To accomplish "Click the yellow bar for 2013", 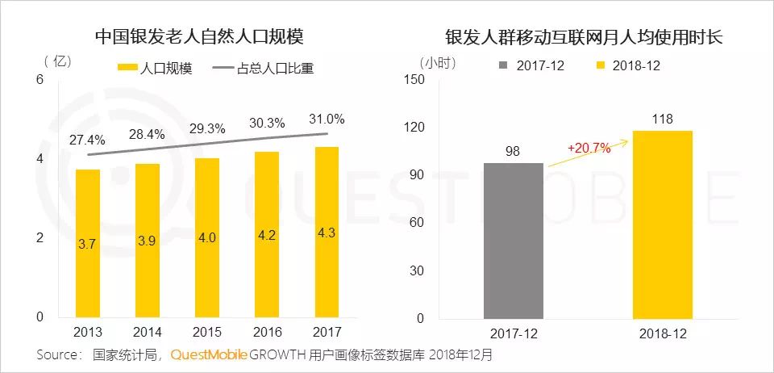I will click(88, 243).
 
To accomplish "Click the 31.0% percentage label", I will click(327, 119).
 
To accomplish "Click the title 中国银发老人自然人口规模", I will click(204, 37).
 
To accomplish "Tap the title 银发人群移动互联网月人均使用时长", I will click(585, 37).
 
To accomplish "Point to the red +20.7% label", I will click(589, 149).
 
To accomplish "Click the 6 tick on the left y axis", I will click(39, 78).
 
